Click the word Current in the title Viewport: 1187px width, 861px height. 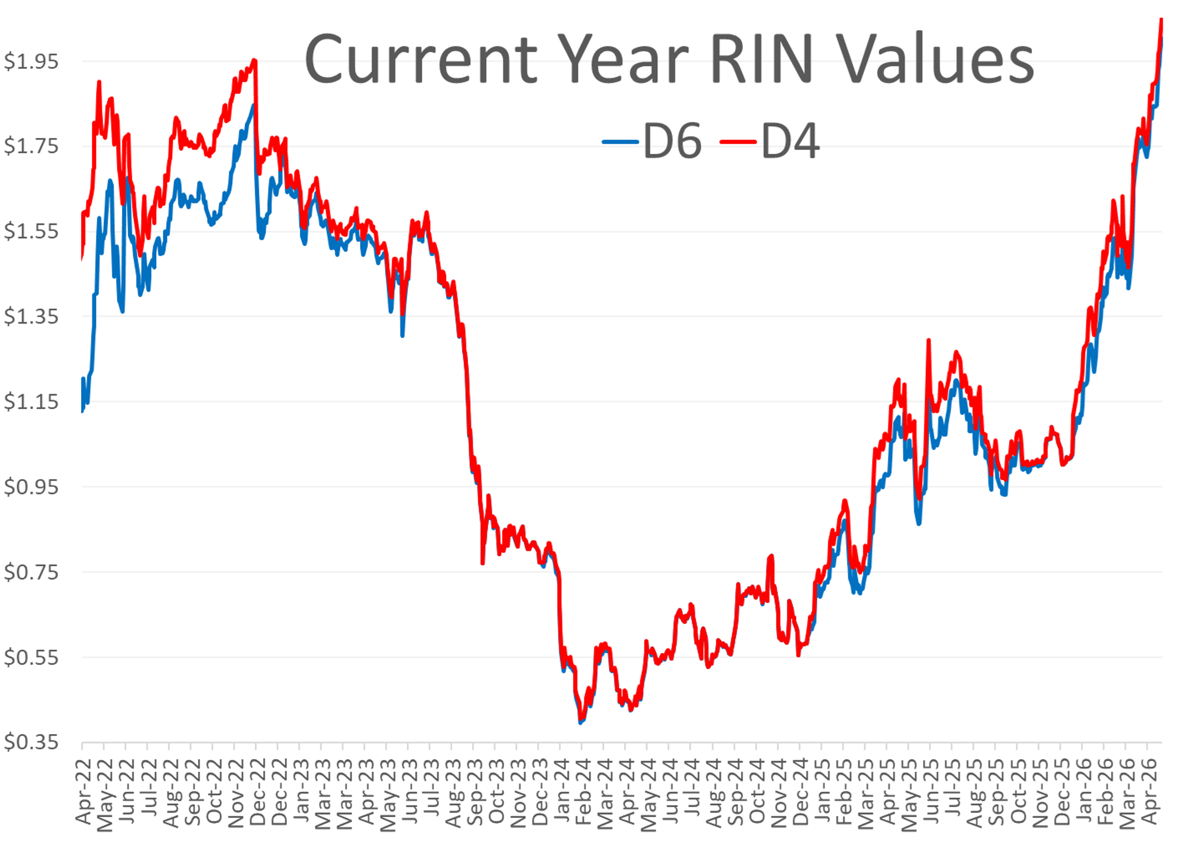click(421, 59)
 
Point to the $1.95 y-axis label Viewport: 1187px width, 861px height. click(32, 61)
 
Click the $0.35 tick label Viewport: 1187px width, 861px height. click(32, 743)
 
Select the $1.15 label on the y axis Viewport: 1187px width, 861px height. click(32, 402)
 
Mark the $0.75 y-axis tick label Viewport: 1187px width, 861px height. click(32, 572)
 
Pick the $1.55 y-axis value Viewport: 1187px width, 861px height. click(32, 231)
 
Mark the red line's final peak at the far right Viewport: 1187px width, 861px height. click(1161, 19)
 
